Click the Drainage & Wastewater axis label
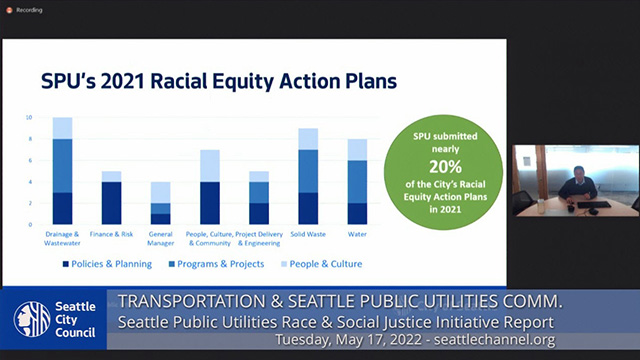(x=62, y=237)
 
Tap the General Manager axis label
(x=159, y=237)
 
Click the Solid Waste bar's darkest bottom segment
(x=308, y=208)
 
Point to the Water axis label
(x=357, y=233)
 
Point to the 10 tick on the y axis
(x=29, y=117)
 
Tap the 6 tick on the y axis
(x=29, y=160)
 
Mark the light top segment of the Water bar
(x=357, y=149)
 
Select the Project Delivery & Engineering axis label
(x=259, y=237)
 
